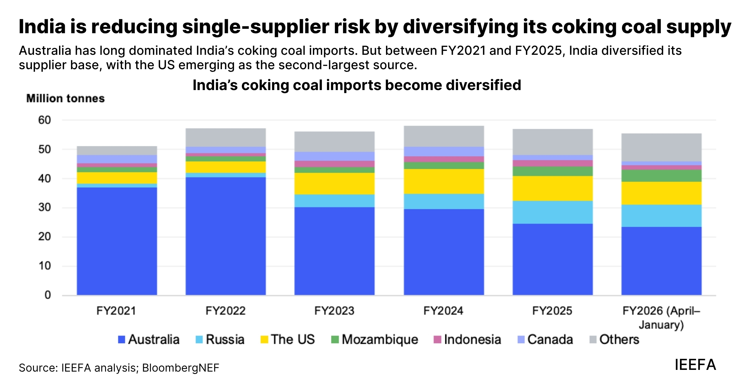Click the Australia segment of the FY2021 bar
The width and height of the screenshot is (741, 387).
coord(117,241)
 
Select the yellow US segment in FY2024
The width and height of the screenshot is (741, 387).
coord(444,181)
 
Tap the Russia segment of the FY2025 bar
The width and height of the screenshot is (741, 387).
coord(552,212)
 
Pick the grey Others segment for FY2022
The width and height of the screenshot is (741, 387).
coord(225,137)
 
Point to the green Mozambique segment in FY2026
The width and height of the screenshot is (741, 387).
coord(661,176)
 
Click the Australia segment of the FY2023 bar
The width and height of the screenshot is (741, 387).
coord(334,251)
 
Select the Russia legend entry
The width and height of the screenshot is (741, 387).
coord(220,339)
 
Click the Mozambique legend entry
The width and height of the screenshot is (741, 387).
coord(375,339)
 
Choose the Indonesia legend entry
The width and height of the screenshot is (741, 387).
coord(467,339)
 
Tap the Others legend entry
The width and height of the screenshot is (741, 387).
coord(614,339)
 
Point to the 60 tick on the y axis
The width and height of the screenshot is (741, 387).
coord(45,120)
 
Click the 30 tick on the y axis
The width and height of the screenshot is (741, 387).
coord(45,208)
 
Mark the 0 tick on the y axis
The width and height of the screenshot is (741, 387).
coord(48,295)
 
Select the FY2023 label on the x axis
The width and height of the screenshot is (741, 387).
coord(334,311)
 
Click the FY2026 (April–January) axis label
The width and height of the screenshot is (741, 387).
coord(661,317)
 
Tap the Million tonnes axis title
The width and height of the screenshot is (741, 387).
coord(65,99)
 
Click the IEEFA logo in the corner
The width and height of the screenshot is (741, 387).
coord(695,365)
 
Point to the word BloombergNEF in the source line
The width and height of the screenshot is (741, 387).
coord(180,368)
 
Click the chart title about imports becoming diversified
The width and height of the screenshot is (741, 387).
coord(357,85)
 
